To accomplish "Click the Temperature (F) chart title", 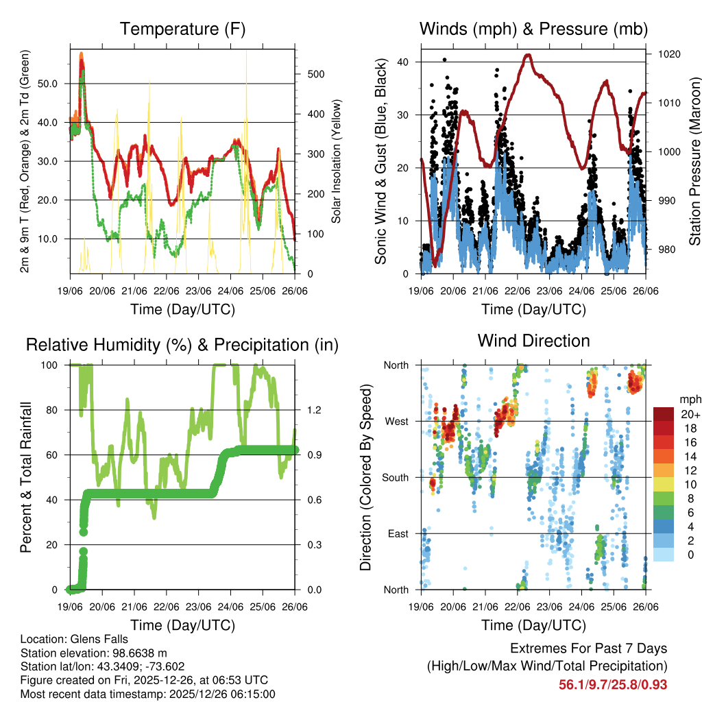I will tap(182, 29).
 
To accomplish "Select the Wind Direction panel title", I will tap(533, 341).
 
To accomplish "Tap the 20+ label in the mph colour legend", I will tap(690, 414).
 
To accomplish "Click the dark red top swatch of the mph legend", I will tap(663, 414).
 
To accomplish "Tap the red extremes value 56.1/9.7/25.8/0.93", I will tap(613, 684).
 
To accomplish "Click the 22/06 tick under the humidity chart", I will tap(167, 607).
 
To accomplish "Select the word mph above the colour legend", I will tap(690, 399).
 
